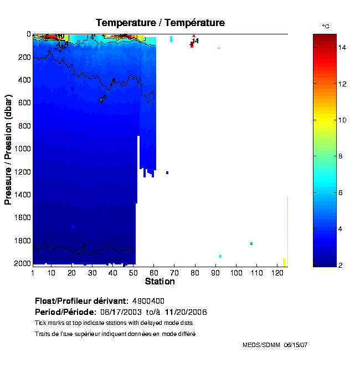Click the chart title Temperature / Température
(160, 23)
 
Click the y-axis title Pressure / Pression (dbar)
(8, 149)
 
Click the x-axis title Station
(160, 282)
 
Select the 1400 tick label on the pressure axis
(20, 195)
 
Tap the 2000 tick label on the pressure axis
(20, 264)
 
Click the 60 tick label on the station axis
(155, 273)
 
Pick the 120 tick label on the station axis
(277, 273)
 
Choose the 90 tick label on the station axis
(216, 273)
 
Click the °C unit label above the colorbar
(326, 27)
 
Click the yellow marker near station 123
(284, 262)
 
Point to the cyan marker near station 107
(251, 243)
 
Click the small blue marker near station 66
(167, 172)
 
